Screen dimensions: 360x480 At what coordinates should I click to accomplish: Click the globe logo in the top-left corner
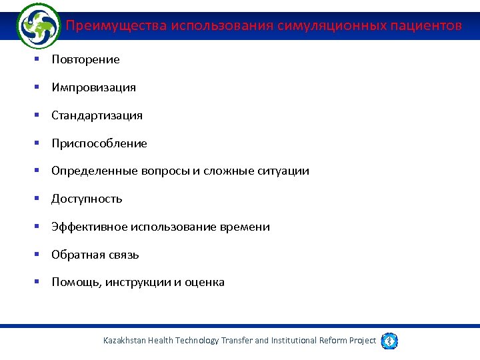click(x=38, y=26)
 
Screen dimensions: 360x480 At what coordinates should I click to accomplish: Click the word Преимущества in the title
click(x=116, y=26)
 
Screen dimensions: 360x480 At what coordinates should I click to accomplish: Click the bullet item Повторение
click(x=85, y=59)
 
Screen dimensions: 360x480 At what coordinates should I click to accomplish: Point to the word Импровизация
click(x=93, y=87)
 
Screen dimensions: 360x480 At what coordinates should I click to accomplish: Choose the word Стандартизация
click(x=97, y=115)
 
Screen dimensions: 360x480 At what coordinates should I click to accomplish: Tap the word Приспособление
click(x=99, y=143)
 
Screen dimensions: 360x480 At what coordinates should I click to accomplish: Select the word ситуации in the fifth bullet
click(x=283, y=171)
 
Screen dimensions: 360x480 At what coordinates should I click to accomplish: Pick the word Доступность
click(x=87, y=199)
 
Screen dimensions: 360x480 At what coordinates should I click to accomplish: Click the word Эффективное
click(x=89, y=227)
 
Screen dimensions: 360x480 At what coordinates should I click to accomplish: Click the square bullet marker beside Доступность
click(x=38, y=199)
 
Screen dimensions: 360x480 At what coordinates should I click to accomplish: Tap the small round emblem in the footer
click(x=390, y=341)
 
